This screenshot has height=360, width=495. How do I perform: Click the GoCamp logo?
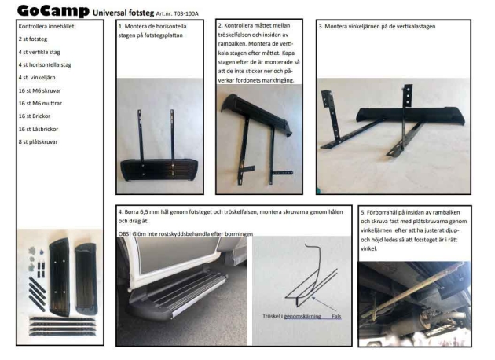pyautogui.click(x=53, y=11)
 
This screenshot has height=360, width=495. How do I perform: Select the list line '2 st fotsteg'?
pyautogui.click(x=33, y=39)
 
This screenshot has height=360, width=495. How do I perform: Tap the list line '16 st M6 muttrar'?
pyautogui.click(x=40, y=103)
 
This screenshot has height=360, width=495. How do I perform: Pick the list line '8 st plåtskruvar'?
pyautogui.click(x=38, y=141)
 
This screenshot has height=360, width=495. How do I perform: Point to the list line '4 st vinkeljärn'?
pyautogui.click(x=37, y=77)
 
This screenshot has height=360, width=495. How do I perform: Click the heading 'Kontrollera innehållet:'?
pyautogui.click(x=47, y=26)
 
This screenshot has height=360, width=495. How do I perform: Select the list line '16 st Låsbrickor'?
pyautogui.click(x=38, y=129)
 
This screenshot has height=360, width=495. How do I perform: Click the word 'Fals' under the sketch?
pyautogui.click(x=336, y=316)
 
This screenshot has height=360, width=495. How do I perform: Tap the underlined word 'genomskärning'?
pyautogui.click(x=302, y=317)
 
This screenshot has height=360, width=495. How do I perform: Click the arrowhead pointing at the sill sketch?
pyautogui.click(x=313, y=298)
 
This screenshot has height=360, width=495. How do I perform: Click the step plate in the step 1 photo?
pyautogui.click(x=159, y=170)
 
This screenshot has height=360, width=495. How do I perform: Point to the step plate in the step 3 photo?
pyautogui.click(x=410, y=115)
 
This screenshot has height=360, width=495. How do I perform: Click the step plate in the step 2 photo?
pyautogui.click(x=256, y=114)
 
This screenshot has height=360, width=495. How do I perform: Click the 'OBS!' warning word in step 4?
pyautogui.click(x=124, y=234)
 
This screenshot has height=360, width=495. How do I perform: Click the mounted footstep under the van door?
pyautogui.click(x=178, y=296)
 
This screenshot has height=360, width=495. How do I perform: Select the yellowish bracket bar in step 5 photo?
pyautogui.click(x=410, y=294)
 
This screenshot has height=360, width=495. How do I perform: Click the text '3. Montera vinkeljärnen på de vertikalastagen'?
pyautogui.click(x=377, y=26)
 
